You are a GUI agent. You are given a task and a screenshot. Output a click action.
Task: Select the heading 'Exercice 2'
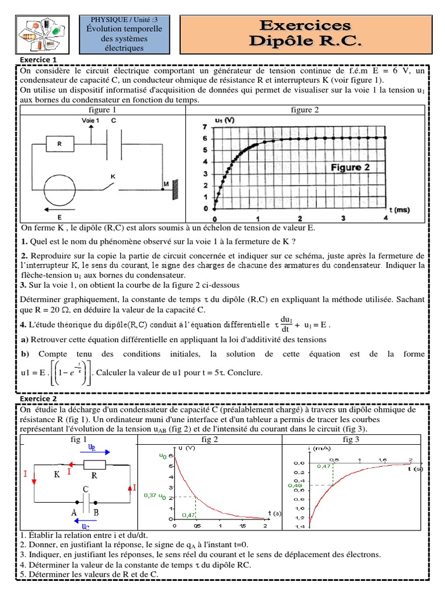(38, 398)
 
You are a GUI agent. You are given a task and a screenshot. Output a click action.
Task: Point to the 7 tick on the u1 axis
(204, 126)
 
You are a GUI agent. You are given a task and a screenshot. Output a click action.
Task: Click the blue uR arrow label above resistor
(92, 448)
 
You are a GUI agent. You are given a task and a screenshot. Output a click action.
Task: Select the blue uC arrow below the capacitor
(86, 526)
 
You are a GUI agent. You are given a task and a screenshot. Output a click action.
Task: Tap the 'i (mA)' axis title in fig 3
(322, 448)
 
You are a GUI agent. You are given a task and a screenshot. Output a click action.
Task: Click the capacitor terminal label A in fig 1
(75, 512)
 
